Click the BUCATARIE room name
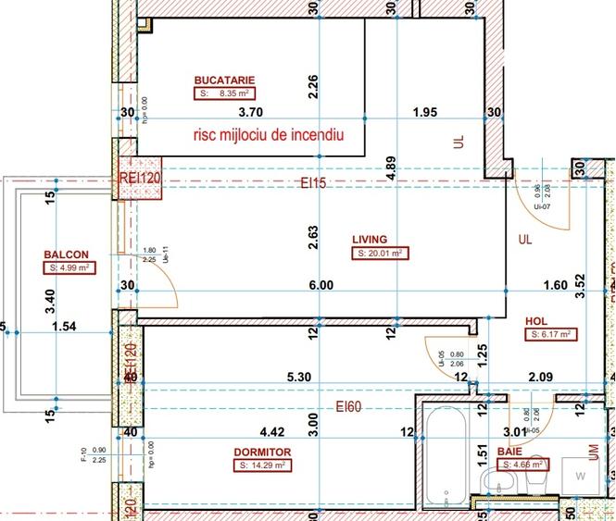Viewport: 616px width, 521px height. [x=224, y=80]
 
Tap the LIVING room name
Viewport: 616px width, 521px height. [x=370, y=239]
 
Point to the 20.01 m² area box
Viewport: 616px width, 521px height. [x=380, y=253]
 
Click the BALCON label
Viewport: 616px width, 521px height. [x=66, y=254]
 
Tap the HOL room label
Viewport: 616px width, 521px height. [x=536, y=321]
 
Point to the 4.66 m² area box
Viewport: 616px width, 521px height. [x=521, y=465]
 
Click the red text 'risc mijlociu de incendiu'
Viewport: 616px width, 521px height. [x=269, y=135]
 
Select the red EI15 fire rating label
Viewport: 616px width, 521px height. [x=313, y=183]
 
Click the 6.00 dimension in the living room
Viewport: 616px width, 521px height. [x=321, y=286]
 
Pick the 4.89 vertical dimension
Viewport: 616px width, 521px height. [x=392, y=167]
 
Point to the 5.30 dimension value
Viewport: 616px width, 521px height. [x=298, y=377]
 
